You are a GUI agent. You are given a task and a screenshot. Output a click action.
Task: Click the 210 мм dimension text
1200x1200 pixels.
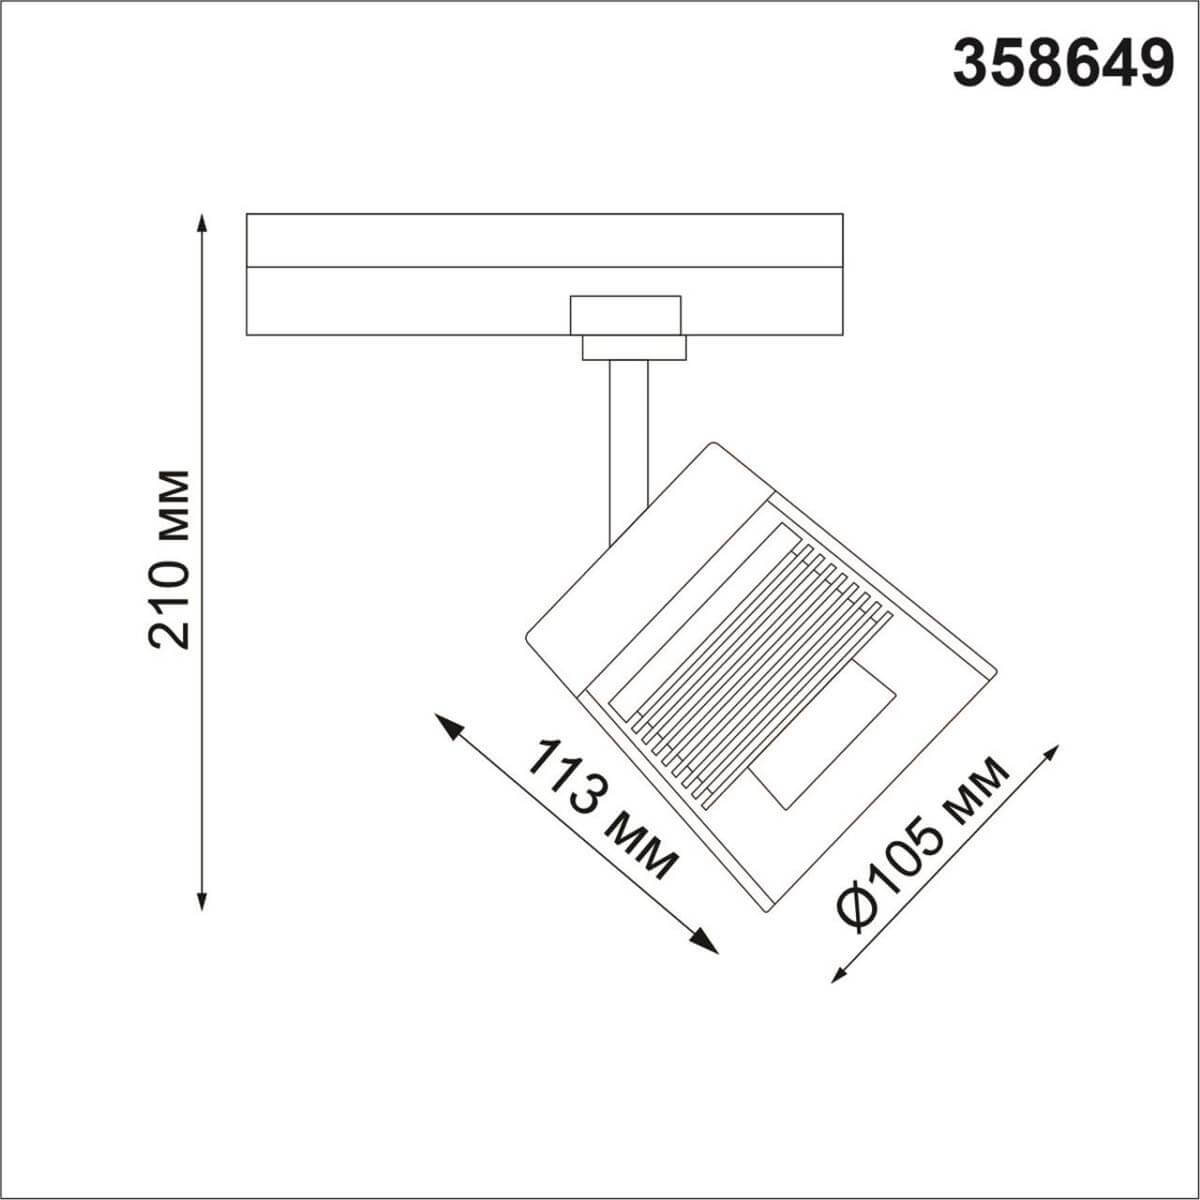(x=168, y=560)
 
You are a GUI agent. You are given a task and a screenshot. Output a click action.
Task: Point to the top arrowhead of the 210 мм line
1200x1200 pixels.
(x=203, y=222)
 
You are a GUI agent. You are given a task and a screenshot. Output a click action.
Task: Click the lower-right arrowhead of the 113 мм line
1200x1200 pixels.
(x=708, y=943)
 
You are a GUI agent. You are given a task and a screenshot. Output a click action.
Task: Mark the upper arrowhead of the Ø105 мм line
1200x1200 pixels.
(x=1051, y=752)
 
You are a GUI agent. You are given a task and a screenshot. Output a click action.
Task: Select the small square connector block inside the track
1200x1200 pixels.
(x=625, y=314)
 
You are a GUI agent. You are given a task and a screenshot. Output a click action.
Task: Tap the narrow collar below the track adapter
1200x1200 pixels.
(x=634, y=347)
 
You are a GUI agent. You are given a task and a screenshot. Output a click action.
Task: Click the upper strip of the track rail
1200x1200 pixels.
(x=544, y=240)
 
